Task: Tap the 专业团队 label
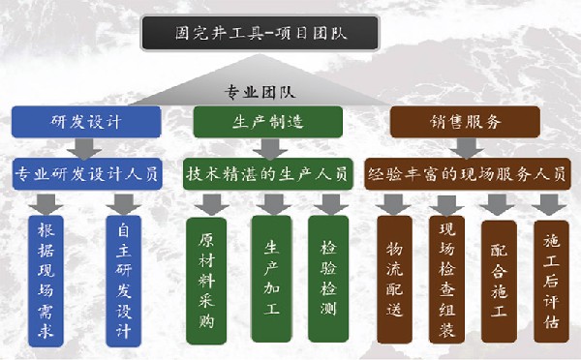pyautogui.click(x=260, y=93)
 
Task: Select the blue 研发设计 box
pyautogui.click(x=86, y=122)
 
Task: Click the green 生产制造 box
pyautogui.click(x=265, y=122)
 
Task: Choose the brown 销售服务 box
pyautogui.click(x=465, y=122)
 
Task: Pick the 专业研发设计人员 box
pyautogui.click(x=86, y=174)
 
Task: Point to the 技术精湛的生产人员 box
pyautogui.click(x=265, y=174)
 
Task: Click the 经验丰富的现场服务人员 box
pyautogui.click(x=466, y=175)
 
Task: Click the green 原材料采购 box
pyautogui.click(x=205, y=275)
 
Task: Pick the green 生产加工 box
pyautogui.click(x=271, y=275)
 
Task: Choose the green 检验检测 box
pyautogui.click(x=328, y=275)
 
